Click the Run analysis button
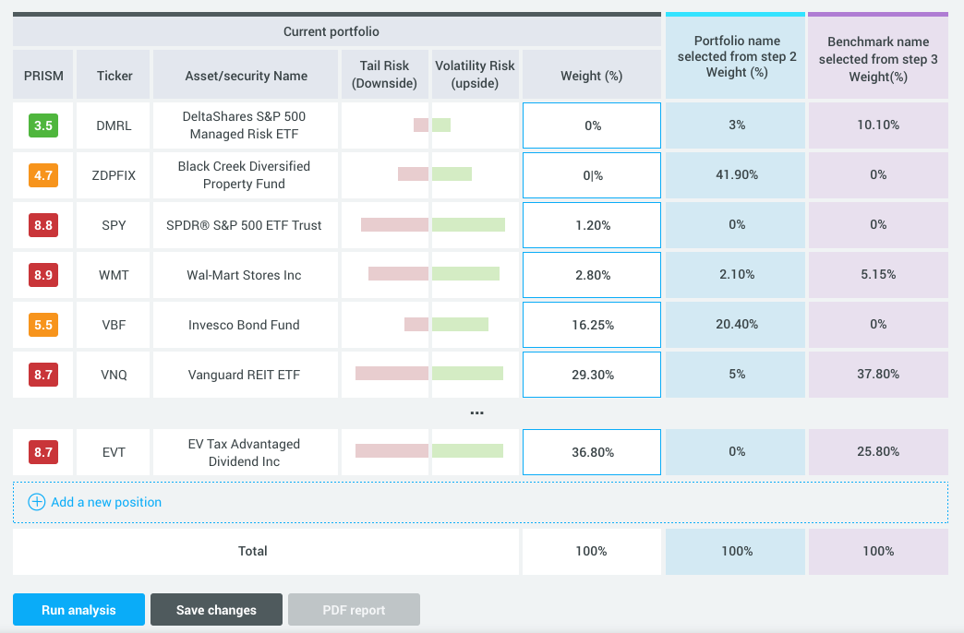pyautogui.click(x=78, y=610)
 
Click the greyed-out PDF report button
pyautogui.click(x=354, y=610)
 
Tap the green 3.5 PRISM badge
pyautogui.click(x=43, y=125)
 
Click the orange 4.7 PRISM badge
pyautogui.click(x=43, y=175)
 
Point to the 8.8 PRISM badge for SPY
pyautogui.click(x=43, y=225)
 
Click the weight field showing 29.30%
pyautogui.click(x=592, y=375)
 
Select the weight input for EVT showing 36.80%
pyautogui.click(x=592, y=452)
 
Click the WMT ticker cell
pyautogui.click(x=114, y=275)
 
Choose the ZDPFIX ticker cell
pyautogui.click(x=114, y=175)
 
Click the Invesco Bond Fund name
pyautogui.click(x=244, y=325)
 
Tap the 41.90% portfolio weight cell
pyautogui.click(x=736, y=175)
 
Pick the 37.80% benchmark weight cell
pyautogui.click(x=877, y=375)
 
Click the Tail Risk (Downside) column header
pyautogui.click(x=385, y=75)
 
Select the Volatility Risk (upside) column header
pyautogui.click(x=474, y=75)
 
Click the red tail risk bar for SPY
pyautogui.click(x=394, y=225)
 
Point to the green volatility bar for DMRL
pyautogui.click(x=441, y=125)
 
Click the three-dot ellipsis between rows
pyautogui.click(x=476, y=413)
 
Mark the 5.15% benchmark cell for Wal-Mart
pyautogui.click(x=877, y=275)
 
